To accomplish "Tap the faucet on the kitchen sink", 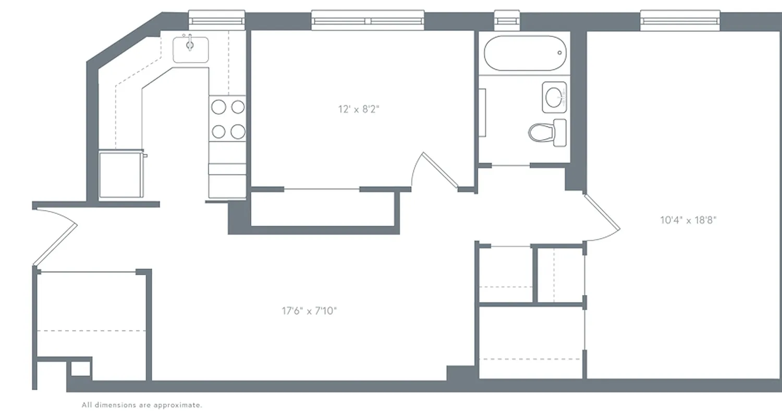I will (190, 40).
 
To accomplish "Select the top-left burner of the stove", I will (218, 107).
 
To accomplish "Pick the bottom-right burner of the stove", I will (238, 131).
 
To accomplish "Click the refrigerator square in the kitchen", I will (121, 175).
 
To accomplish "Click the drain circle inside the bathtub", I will (560, 53).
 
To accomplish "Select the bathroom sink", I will (554, 97).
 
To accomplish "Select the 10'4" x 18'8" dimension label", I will (688, 220).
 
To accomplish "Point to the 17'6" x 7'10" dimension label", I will (309, 311).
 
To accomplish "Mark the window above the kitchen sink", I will (216, 20).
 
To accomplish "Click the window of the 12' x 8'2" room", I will (368, 20).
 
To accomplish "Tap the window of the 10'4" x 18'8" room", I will (680, 20).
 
